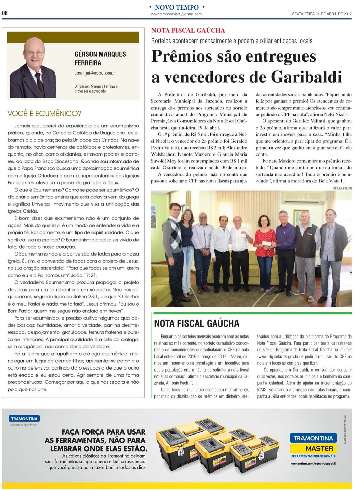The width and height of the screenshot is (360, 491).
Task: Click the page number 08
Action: [x=5, y=13]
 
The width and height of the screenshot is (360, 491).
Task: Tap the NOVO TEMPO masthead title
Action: [x=177, y=7]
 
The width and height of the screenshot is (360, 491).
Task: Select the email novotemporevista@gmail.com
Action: [x=176, y=14]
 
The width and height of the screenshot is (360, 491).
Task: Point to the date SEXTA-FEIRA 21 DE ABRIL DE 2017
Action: [x=322, y=14]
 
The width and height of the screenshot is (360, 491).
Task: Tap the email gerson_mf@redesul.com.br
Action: [x=95, y=73]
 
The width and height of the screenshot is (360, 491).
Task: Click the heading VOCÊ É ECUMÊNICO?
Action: [x=44, y=114]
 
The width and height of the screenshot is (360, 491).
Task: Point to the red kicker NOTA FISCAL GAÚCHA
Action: [x=188, y=30]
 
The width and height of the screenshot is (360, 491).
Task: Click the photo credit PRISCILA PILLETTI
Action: [x=342, y=188]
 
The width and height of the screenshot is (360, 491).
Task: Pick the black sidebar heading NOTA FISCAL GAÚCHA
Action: [x=197, y=323]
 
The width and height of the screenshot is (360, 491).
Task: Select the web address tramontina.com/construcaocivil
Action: [x=313, y=463]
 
